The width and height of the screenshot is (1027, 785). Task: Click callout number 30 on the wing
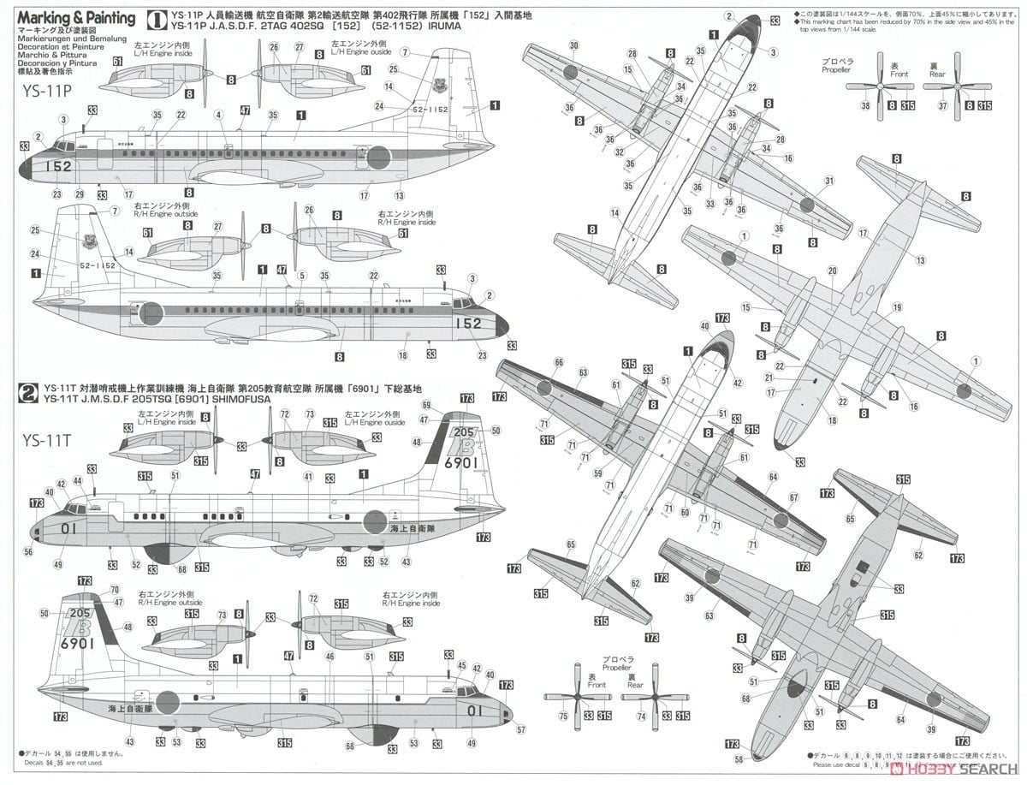pyautogui.click(x=573, y=45)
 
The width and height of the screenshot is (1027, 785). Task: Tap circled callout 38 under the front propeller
pyautogui.click(x=864, y=105)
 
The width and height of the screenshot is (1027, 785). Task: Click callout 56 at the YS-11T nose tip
pyautogui.click(x=28, y=552)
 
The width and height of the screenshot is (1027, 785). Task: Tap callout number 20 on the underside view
pyautogui.click(x=832, y=271)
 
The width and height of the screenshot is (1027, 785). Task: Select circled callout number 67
pyautogui.click(x=793, y=497)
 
